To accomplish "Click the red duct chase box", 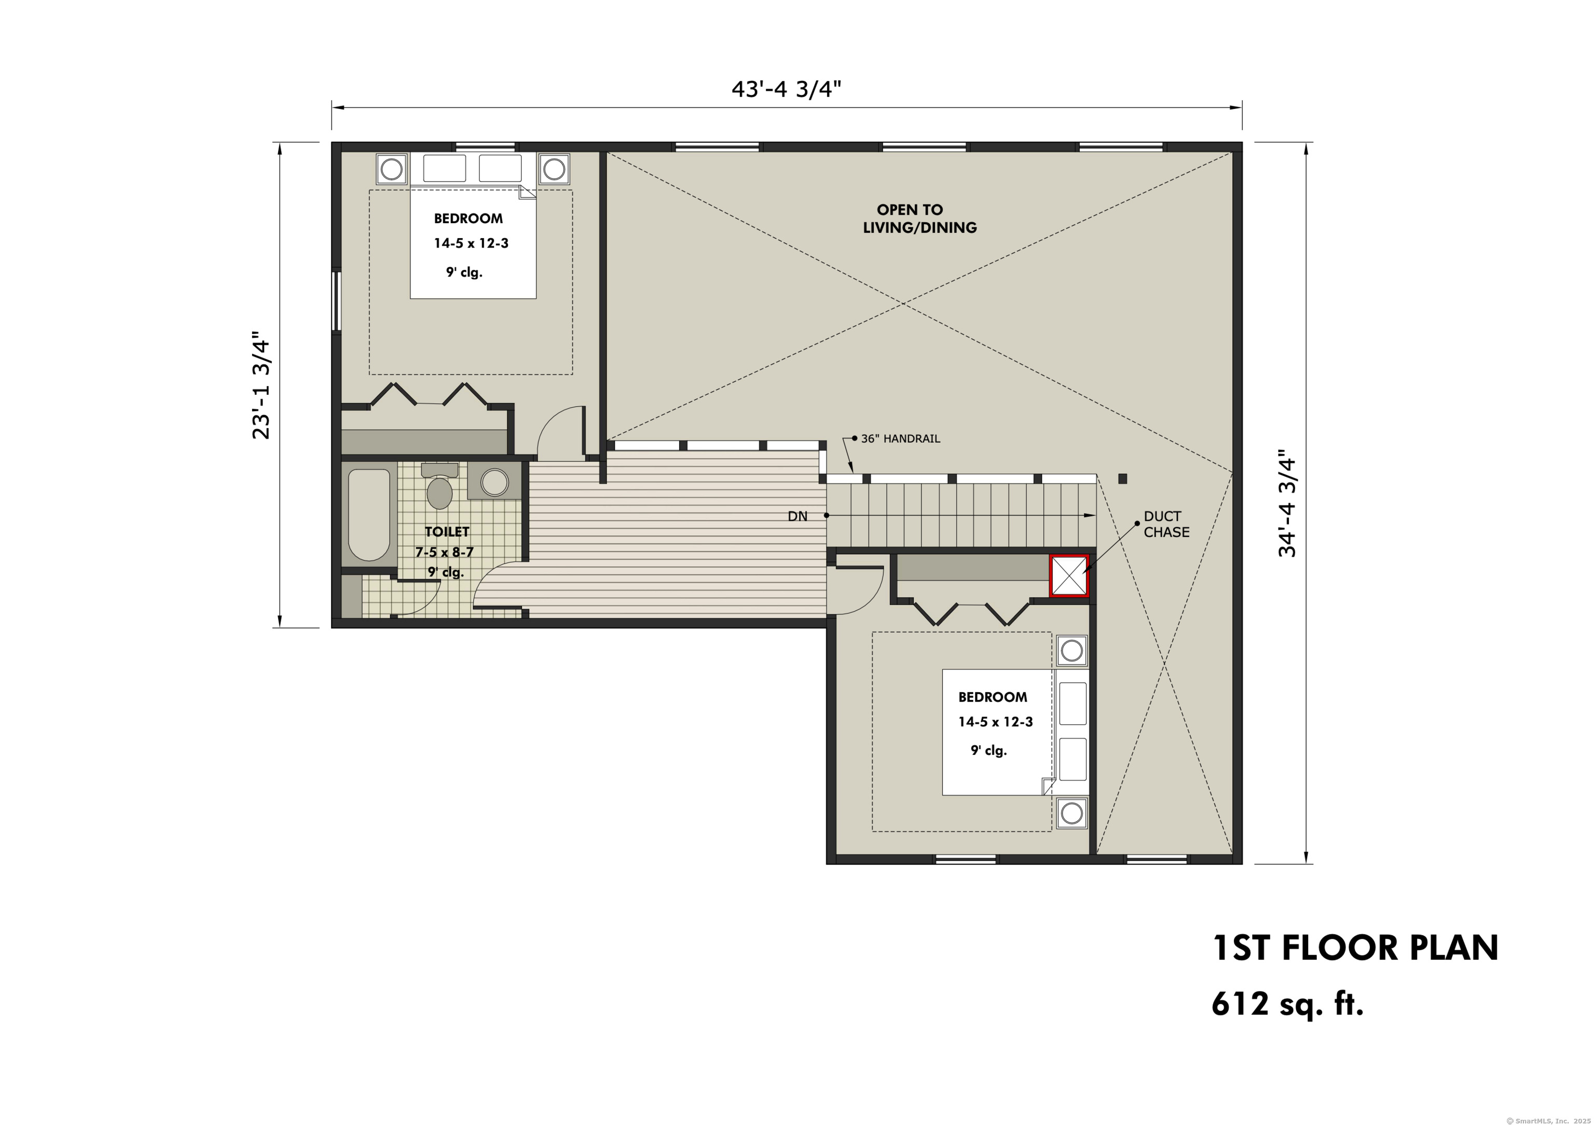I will point(1069,575).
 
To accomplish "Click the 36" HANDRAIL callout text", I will point(900,439).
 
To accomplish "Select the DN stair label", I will point(797,517).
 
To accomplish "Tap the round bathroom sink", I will point(494,483).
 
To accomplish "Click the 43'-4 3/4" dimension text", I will point(786,90).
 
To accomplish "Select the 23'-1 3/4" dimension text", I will point(261,388).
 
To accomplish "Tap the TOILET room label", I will point(447,532).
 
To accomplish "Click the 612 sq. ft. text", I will point(1287,1004).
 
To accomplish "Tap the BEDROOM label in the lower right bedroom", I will point(992,697).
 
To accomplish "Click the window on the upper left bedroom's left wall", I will point(336,300).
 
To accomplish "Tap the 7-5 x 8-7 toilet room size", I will point(444,553).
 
